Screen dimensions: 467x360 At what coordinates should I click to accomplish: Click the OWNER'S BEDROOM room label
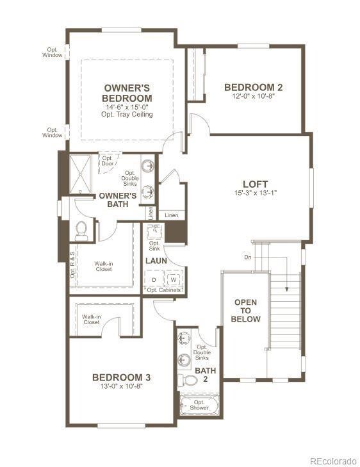tap(127, 92)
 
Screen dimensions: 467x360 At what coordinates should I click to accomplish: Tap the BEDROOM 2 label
tap(253, 88)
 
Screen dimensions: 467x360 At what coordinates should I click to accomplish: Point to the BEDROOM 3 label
tap(121, 377)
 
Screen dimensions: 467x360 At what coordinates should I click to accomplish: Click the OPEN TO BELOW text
tap(247, 310)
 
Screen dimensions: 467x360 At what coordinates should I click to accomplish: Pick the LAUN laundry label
tap(156, 261)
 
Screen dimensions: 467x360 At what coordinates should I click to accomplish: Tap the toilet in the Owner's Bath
tap(81, 229)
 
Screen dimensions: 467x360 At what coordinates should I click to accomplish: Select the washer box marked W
tap(173, 280)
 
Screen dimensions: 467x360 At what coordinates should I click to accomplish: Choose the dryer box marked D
tap(154, 280)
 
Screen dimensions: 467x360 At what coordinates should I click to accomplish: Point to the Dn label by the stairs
tap(248, 258)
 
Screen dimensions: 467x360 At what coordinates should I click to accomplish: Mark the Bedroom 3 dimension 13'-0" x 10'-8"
tap(121, 387)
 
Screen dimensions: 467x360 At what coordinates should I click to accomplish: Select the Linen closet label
tap(172, 216)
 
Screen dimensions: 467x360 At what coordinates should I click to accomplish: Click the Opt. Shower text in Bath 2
tap(199, 407)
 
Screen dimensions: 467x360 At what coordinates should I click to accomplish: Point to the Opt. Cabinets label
tap(164, 290)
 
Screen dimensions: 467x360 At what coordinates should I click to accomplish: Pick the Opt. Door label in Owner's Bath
tap(106, 160)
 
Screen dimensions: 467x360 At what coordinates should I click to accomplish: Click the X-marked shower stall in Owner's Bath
tap(81, 173)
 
